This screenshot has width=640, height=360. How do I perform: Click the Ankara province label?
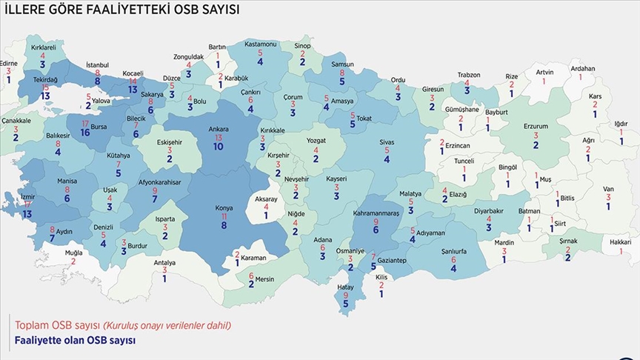click(219, 129)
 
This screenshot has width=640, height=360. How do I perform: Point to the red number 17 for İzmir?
click(27, 204)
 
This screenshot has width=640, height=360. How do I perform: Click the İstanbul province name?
click(98, 65)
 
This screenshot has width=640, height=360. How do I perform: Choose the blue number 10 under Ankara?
click(219, 147)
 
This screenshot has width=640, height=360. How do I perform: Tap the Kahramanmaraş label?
click(376, 212)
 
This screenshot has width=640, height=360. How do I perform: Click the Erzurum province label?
click(536, 127)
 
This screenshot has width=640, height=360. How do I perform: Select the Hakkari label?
click(620, 242)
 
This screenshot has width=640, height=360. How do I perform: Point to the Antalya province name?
click(164, 262)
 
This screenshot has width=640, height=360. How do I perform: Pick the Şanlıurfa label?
click(453, 252)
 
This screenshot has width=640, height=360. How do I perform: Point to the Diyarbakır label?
click(488, 210)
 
